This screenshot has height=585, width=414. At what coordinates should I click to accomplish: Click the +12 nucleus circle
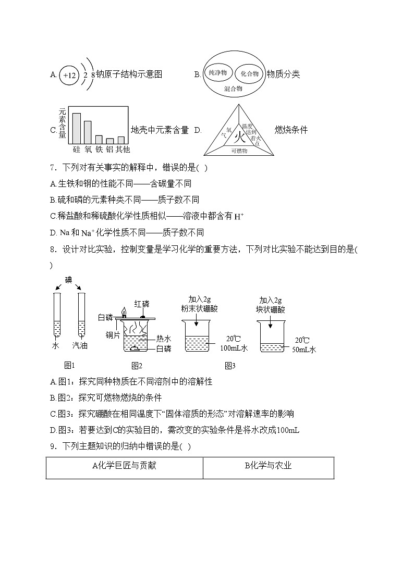(69, 75)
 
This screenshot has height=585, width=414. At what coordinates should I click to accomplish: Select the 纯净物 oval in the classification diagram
(217, 73)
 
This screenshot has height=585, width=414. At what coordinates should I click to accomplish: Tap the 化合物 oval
(249, 73)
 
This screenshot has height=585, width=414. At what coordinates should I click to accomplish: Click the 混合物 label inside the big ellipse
(233, 89)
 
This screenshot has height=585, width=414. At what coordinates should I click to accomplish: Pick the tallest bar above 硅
(76, 128)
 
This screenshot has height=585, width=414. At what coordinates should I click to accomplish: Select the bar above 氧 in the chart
(88, 132)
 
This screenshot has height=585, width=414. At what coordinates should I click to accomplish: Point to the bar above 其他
(121, 140)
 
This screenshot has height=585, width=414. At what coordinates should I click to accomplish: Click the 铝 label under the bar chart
(109, 149)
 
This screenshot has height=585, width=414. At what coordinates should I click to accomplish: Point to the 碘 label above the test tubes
(68, 280)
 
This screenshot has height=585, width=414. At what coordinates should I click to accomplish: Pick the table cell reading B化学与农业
(268, 466)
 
